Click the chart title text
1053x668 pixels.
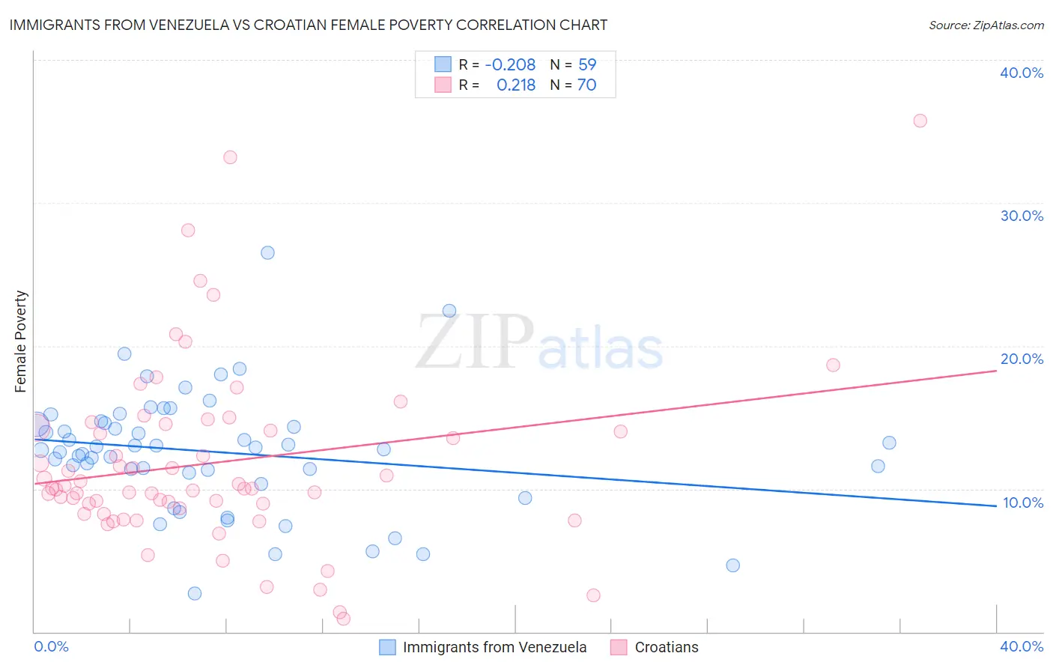pos(308,25)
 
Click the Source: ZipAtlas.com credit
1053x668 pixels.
pos(986,25)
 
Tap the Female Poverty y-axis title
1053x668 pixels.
pos(21,341)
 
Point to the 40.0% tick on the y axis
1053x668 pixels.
pos(1021,73)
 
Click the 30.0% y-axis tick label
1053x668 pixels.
pos(1021,216)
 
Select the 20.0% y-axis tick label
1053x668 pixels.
pos(1021,359)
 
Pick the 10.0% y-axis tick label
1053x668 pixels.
pos(1022,502)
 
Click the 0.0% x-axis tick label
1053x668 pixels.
pos(52,646)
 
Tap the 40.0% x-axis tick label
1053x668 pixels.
pos(1021,646)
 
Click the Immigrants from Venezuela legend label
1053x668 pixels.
pos(494,647)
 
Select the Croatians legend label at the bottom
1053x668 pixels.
pos(666,647)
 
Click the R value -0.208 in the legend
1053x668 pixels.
pos(510,65)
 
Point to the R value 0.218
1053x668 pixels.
pos(516,85)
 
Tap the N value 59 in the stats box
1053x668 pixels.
pos(587,65)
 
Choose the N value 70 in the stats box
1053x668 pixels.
pos(586,85)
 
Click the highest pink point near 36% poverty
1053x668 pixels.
pos(920,121)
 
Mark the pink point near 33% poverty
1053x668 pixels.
pos(230,157)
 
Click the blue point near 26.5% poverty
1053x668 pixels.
pos(267,252)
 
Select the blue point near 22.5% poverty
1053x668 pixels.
pos(449,311)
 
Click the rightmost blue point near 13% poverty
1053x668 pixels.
pos(889,443)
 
